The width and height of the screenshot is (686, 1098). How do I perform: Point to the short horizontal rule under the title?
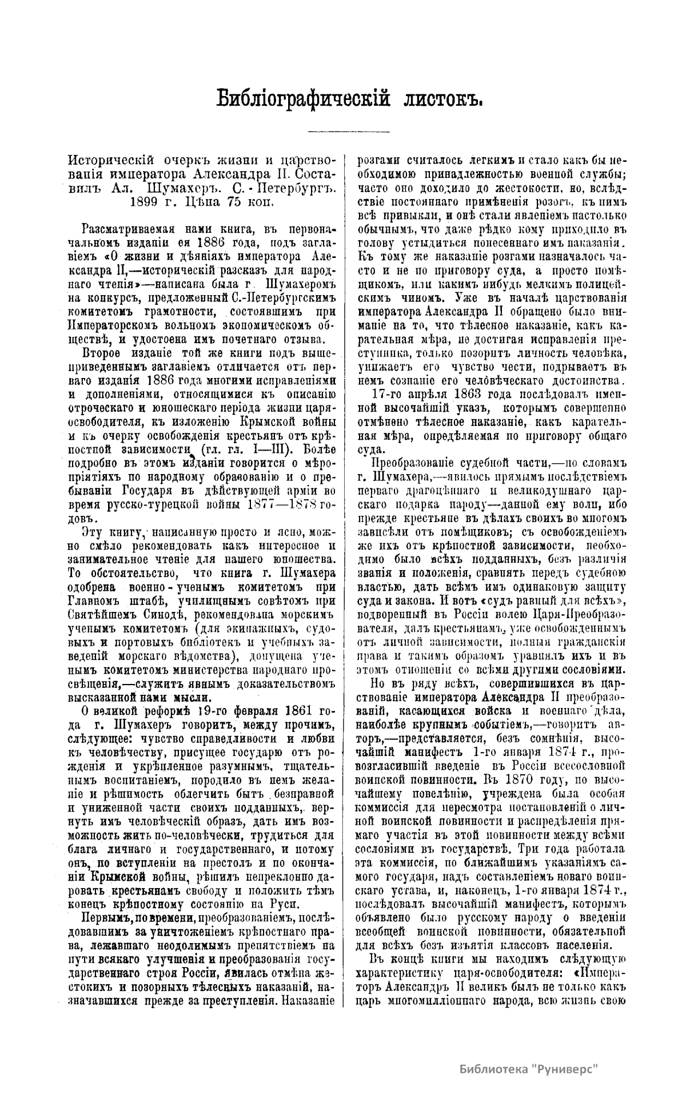348,132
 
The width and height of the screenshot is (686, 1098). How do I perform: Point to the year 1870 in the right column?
520,779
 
